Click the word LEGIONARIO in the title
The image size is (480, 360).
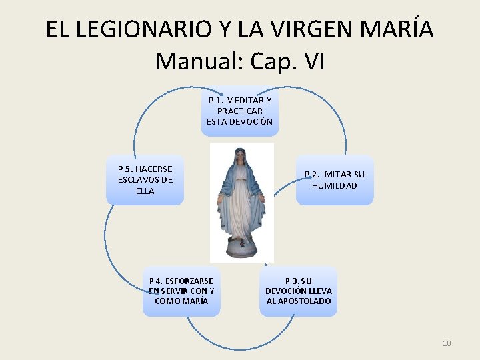[x=137, y=29]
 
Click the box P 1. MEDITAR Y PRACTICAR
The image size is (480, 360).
[x=239, y=111]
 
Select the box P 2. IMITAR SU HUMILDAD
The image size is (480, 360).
[x=335, y=180]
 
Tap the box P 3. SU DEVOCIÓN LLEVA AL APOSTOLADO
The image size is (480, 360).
[x=299, y=291]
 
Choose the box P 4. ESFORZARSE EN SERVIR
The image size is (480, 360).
[x=181, y=291]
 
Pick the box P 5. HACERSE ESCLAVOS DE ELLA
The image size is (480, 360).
[x=145, y=180]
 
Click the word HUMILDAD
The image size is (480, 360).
[x=335, y=186]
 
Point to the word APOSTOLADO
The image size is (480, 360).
[x=299, y=301]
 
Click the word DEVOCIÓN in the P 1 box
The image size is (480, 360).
[x=249, y=122]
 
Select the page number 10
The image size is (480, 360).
[x=447, y=343]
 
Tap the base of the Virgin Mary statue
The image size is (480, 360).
[x=241, y=249]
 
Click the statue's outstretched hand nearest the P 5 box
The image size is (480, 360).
[x=219, y=198]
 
